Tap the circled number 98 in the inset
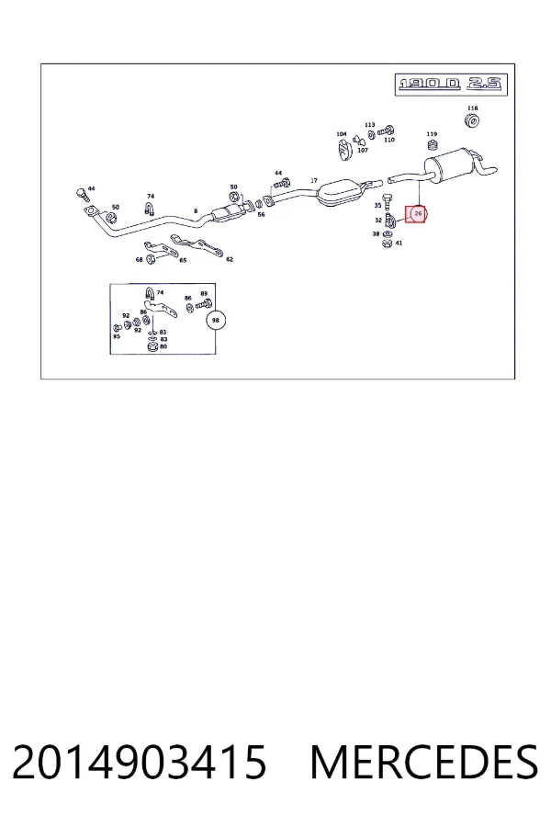[215, 320]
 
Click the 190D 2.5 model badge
[451, 85]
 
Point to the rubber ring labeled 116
[472, 120]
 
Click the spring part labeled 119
[433, 145]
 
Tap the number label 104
[342, 134]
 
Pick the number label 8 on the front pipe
[196, 211]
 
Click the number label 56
[261, 215]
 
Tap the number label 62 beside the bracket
[230, 259]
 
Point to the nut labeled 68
[150, 259]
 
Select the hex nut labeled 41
[387, 243]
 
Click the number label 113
[369, 125]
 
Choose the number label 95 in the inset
[117, 336]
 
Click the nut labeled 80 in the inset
[151, 347]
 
